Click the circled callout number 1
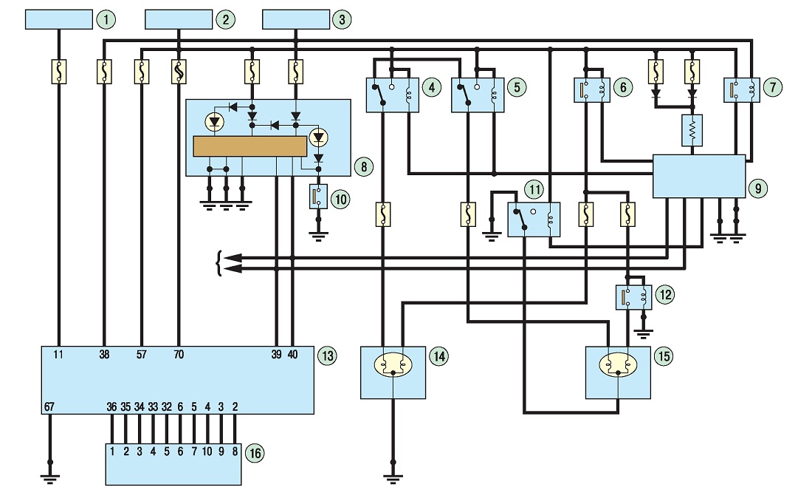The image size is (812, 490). click(x=106, y=20)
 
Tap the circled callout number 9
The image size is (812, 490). click(x=758, y=188)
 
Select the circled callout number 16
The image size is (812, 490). click(x=255, y=452)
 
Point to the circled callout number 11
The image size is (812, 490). click(x=534, y=189)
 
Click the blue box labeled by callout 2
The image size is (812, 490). click(x=179, y=20)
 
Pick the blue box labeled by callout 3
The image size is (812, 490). click(x=296, y=20)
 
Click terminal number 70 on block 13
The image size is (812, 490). click(x=178, y=355)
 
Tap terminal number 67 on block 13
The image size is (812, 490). click(x=49, y=407)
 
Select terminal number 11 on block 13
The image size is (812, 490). click(x=58, y=355)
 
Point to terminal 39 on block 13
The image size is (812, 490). click(x=277, y=355)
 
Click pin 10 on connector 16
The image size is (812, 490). click(x=207, y=452)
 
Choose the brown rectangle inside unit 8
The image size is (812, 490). click(x=250, y=146)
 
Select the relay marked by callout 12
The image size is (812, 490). click(x=633, y=297)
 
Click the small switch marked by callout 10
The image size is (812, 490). click(x=318, y=197)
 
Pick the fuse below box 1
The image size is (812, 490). click(x=59, y=72)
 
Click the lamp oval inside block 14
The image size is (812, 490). click(x=393, y=365)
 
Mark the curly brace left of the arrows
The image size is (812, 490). click(x=219, y=263)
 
